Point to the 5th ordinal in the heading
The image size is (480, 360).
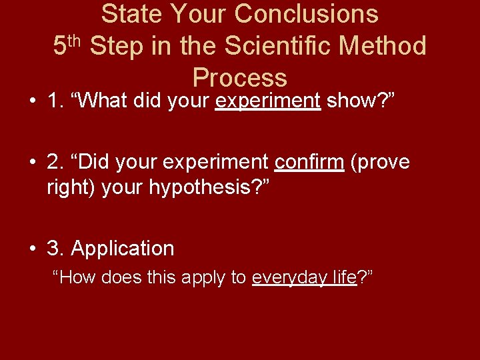pos(67,46)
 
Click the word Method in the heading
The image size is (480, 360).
pos(384,46)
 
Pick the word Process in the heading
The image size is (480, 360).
pos(240,78)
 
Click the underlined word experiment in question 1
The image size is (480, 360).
pos(268,101)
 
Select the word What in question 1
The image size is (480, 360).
pos(103,101)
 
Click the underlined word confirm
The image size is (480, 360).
pos(309,162)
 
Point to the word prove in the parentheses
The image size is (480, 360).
pos(382,162)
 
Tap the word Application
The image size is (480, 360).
pos(122,249)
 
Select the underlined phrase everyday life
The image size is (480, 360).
pos(305,278)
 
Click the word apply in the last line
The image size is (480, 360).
pos(204,278)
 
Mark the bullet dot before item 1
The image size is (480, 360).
pos(32,102)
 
